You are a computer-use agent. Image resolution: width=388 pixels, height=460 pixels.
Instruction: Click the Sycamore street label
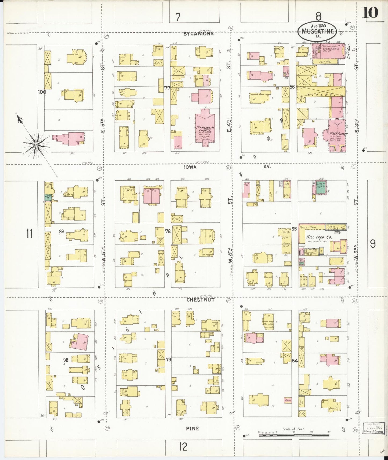pos(199,34)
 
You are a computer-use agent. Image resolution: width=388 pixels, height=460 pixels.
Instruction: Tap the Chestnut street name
pos(201,300)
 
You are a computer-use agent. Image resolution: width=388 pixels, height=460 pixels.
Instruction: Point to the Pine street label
pos(193,429)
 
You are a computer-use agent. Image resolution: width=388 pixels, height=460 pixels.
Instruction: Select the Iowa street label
pos(190,167)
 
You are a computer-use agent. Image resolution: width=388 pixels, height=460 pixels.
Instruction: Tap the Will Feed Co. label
pos(319,237)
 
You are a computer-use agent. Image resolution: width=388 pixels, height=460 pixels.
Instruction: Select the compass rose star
pos(36,145)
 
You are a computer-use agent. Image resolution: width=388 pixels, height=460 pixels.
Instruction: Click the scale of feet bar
pos(293,435)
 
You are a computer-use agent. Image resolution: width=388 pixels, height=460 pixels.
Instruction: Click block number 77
pos(167,88)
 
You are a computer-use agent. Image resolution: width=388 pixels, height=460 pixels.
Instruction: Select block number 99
pos(61,231)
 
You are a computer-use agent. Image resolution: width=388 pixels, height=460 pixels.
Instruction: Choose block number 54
pos(295,361)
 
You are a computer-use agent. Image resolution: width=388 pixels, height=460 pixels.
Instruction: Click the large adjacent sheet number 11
pos(30,233)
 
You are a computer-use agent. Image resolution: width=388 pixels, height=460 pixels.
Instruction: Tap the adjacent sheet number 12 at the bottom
pos(183,447)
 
